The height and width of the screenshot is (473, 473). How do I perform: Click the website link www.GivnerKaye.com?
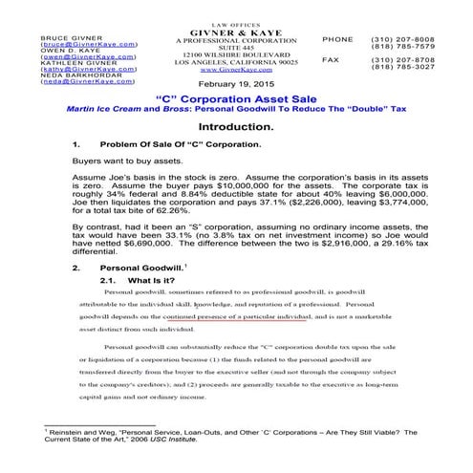click(x=235, y=70)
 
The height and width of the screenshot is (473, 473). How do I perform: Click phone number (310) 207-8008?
click(x=394, y=38)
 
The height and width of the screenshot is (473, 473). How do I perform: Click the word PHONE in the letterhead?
click(x=337, y=38)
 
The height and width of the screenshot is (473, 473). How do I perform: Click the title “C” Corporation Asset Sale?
click(x=235, y=99)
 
